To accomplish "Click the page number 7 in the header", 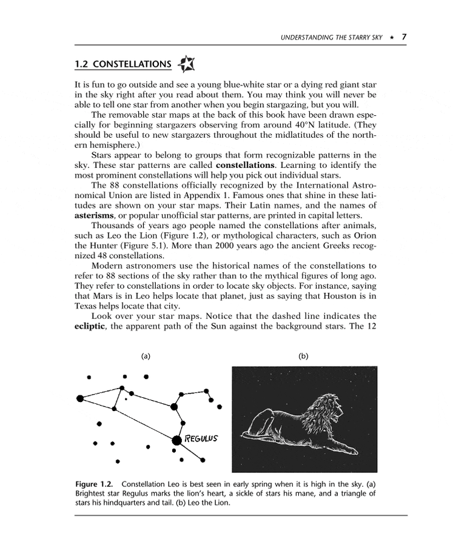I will pyautogui.click(x=403, y=36).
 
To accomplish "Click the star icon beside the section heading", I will pyautogui.click(x=186, y=64).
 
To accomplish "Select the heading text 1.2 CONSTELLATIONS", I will pyautogui.click(x=122, y=65).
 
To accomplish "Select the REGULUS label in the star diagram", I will pyautogui.click(x=200, y=438).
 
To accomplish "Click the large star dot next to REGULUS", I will pyautogui.click(x=176, y=440).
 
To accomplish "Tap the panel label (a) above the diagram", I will pyautogui.click(x=146, y=356).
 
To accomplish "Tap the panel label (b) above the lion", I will pyautogui.click(x=303, y=356).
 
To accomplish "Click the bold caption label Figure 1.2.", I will pyautogui.click(x=95, y=484).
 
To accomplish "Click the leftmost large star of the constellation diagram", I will pyautogui.click(x=80, y=398).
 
